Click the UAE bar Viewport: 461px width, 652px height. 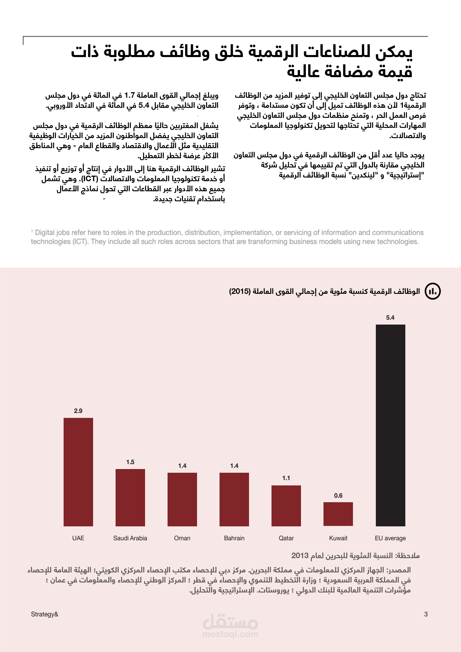click(78, 472)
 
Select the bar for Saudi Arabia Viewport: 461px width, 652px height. click(130, 497)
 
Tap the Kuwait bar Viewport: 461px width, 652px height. click(338, 514)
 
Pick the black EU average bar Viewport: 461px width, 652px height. click(390, 425)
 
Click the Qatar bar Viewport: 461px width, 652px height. click(286, 506)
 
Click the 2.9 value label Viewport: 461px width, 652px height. click(78, 411)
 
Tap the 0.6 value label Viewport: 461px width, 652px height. click(338, 496)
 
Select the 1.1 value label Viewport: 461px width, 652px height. click(286, 478)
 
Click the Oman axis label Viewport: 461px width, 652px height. click(182, 538)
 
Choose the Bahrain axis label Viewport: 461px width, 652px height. click(234, 538)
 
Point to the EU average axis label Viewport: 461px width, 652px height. click(390, 538)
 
